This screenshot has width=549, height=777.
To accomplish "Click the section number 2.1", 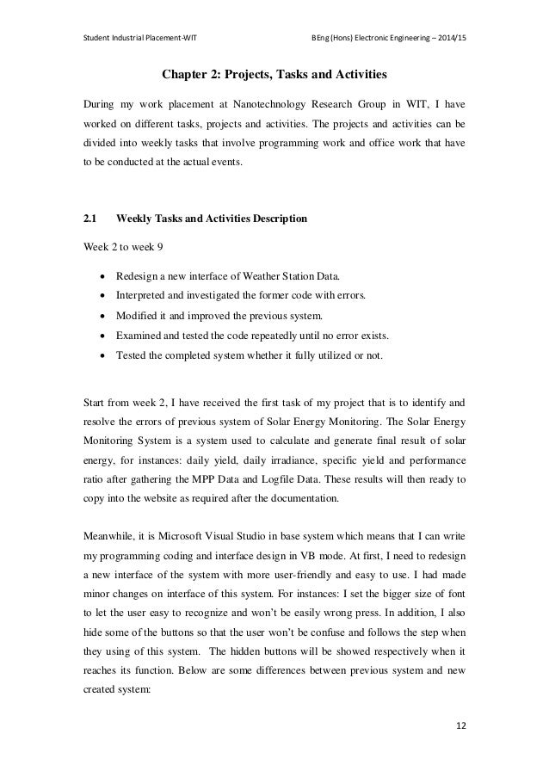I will pos(89,219).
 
